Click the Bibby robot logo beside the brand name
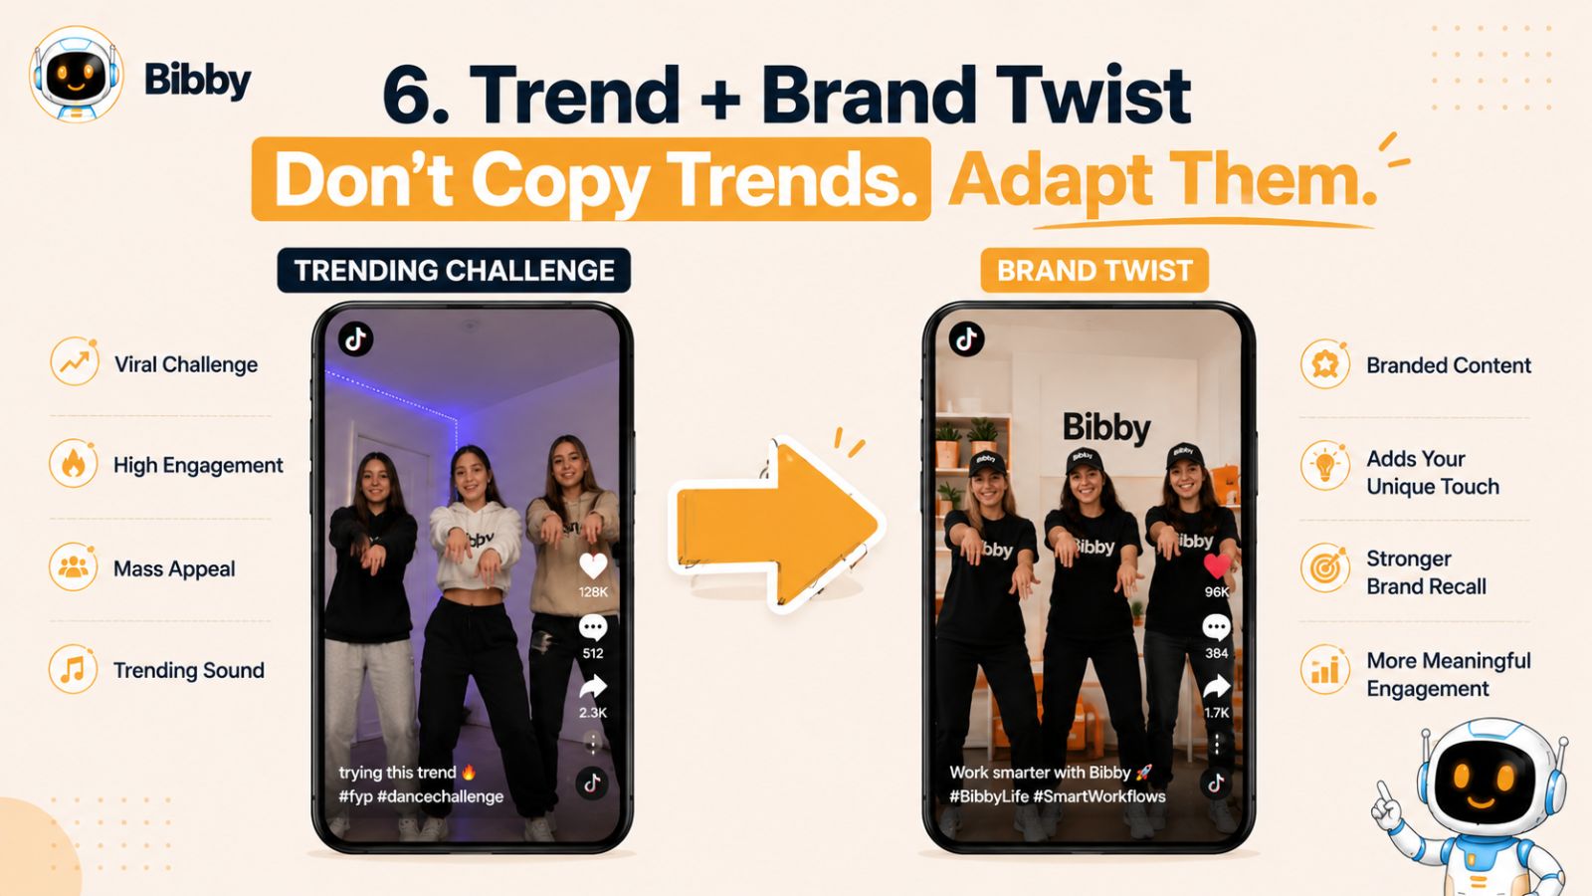click(x=76, y=74)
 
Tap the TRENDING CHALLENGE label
click(x=454, y=270)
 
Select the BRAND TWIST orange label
click(x=1094, y=270)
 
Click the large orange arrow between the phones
click(x=777, y=524)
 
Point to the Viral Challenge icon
click(x=75, y=362)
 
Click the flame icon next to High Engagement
click(x=74, y=464)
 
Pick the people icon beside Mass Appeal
click(x=74, y=566)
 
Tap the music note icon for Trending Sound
click(x=74, y=668)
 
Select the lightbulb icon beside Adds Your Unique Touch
click(x=1325, y=466)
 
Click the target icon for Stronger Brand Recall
click(x=1325, y=567)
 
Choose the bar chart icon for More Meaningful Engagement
click(x=1325, y=669)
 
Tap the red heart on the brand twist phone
click(x=1217, y=566)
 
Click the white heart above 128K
click(x=593, y=566)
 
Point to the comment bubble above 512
click(x=593, y=628)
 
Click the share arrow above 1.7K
click(x=1216, y=687)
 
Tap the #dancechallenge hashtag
click(x=440, y=796)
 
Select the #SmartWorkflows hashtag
click(x=1099, y=796)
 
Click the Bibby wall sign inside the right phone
click(x=1106, y=428)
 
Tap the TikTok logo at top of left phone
click(x=355, y=339)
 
